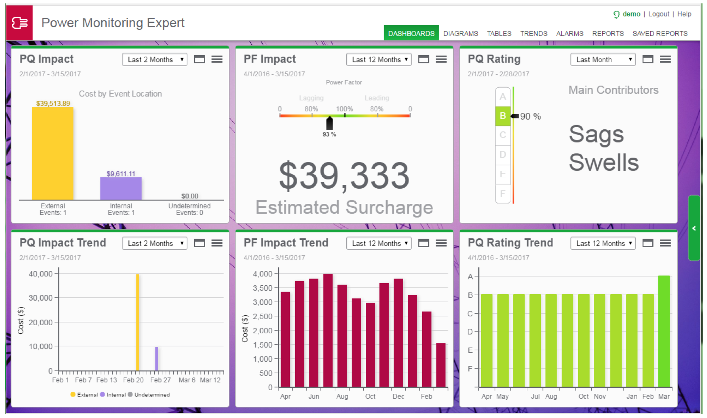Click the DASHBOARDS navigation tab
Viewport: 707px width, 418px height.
(x=411, y=33)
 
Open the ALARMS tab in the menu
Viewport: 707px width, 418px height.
(x=569, y=33)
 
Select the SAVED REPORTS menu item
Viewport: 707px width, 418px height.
(x=660, y=33)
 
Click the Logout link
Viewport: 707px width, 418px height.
(x=658, y=14)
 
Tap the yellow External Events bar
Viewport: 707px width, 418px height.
(x=53, y=153)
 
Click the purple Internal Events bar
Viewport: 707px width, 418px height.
(x=121, y=189)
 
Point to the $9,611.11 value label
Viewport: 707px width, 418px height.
(x=121, y=174)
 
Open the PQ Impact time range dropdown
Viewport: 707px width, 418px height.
(x=155, y=59)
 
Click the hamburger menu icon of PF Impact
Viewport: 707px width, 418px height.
(x=441, y=59)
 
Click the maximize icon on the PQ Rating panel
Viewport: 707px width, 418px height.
(x=648, y=59)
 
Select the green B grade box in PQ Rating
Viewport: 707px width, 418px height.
(x=503, y=116)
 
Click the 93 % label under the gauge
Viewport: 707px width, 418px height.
(x=329, y=134)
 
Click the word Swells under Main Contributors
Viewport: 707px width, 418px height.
(x=604, y=162)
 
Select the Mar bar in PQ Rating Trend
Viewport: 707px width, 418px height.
(x=664, y=331)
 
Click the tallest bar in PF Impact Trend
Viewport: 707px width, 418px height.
(x=328, y=330)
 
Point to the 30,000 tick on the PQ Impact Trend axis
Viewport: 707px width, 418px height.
(x=40, y=298)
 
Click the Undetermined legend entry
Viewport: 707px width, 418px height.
(x=149, y=395)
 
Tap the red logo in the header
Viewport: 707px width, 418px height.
(x=19, y=23)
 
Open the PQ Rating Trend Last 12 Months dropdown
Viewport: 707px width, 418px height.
(x=603, y=243)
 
